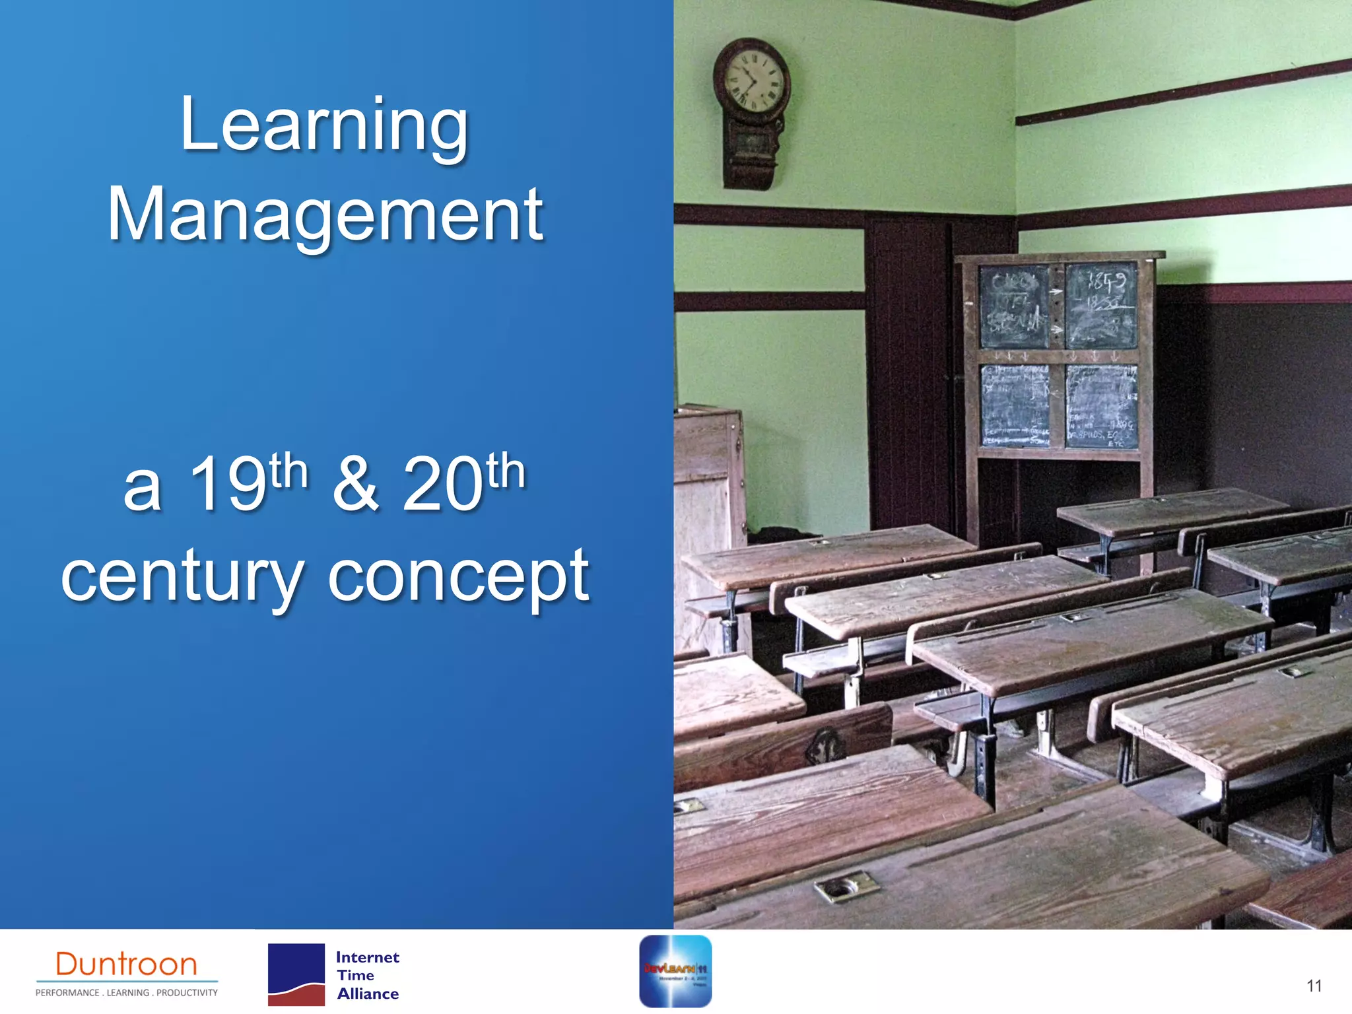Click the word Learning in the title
click(x=324, y=125)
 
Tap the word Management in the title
click(x=325, y=215)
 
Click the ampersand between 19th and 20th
click(x=355, y=485)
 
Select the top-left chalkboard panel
click(x=1013, y=306)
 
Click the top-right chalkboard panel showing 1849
click(x=1101, y=305)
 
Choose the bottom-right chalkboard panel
click(x=1101, y=406)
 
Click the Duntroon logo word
click(x=127, y=964)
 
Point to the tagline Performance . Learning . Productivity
click(x=127, y=993)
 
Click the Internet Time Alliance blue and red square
click(x=296, y=974)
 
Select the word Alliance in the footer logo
click(x=368, y=994)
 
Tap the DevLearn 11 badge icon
click(x=675, y=970)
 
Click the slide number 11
click(x=1314, y=986)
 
